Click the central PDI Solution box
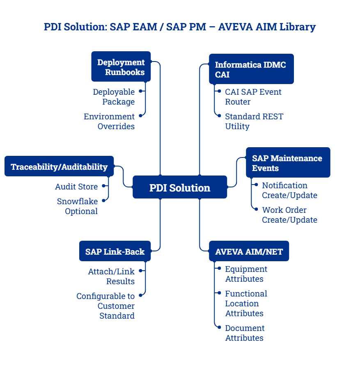[180, 187]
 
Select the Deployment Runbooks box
[121, 67]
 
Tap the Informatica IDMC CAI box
[251, 69]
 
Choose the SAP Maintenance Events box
[287, 163]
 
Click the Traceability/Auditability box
[59, 166]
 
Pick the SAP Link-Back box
[115, 251]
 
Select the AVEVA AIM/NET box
[249, 251]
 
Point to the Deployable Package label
[114, 97]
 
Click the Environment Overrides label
[109, 121]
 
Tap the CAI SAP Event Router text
[253, 97]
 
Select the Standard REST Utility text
[254, 121]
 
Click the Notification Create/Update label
[289, 190]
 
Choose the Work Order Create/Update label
[289, 215]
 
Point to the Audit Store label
[76, 187]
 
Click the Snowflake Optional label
[78, 206]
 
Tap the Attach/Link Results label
[112, 276]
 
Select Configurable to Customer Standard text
[106, 306]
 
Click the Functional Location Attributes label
[245, 303]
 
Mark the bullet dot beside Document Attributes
[219, 327]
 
